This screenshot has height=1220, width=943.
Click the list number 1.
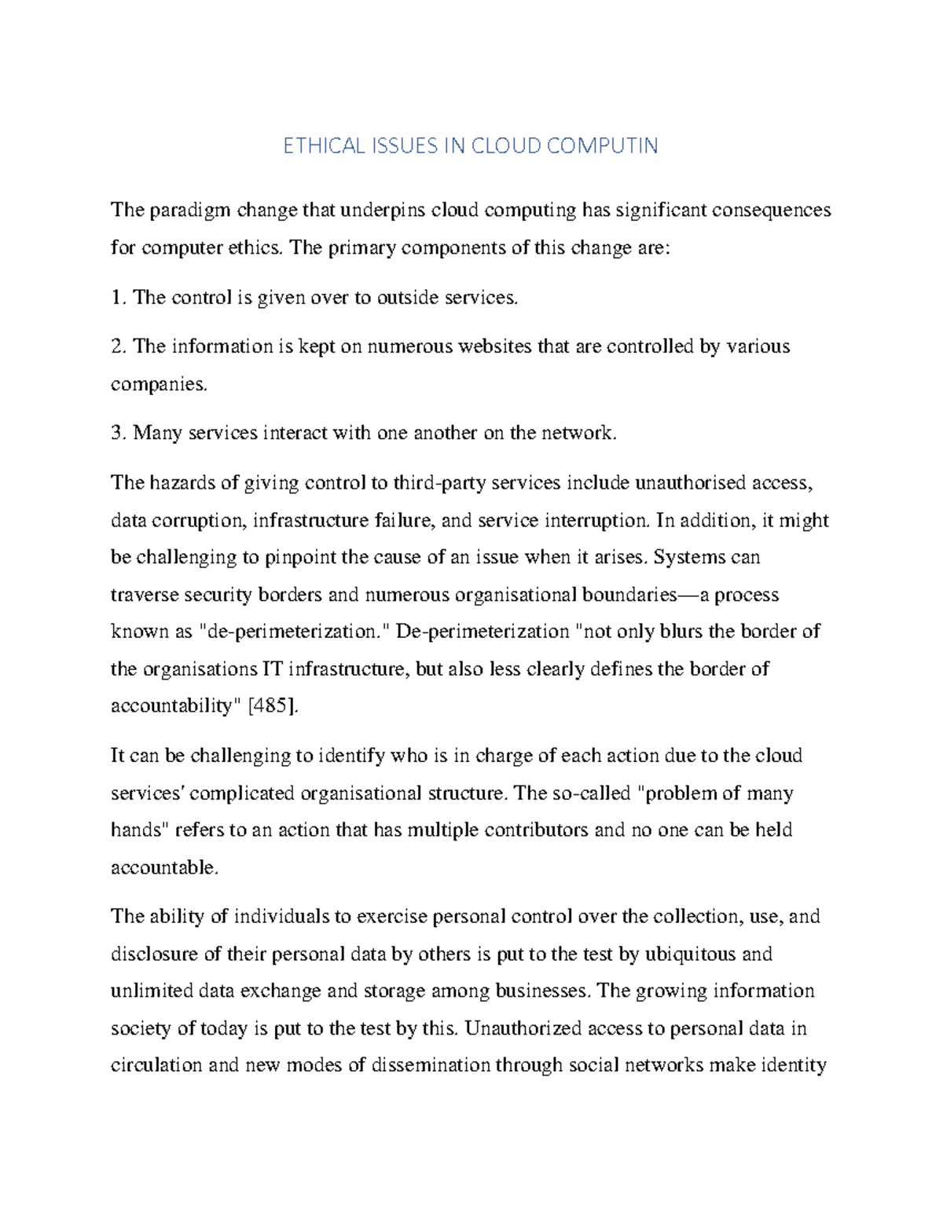(118, 298)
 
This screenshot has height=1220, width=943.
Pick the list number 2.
(118, 346)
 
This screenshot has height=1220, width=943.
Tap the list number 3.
(118, 433)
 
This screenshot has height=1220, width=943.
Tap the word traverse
(144, 595)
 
